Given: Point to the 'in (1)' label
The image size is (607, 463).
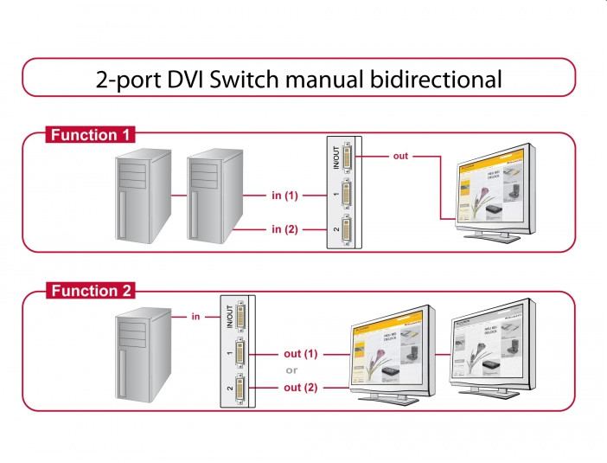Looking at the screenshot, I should pos(284,196).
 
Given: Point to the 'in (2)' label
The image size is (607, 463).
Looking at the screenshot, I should pos(284,229).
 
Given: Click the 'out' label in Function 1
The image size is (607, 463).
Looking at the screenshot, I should pos(400,157).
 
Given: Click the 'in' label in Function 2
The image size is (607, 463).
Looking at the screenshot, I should pos(196,318).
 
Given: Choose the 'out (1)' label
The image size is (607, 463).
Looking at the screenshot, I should pos(301,354).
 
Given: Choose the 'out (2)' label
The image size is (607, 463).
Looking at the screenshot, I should pos(301,388).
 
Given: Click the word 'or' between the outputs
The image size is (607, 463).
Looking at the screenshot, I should pos(291,370).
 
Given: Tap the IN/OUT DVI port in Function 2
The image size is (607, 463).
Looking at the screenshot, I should pos(240,318).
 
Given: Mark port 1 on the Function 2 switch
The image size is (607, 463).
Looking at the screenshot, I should pos(240,354).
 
